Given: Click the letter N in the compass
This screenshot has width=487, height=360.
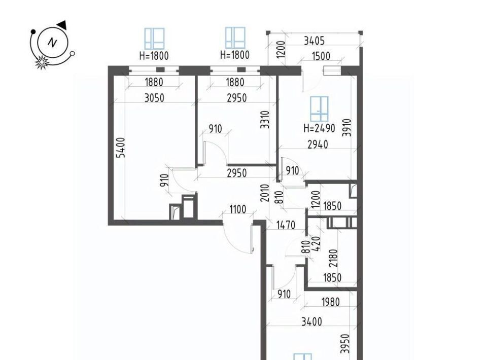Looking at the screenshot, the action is coord(52,43).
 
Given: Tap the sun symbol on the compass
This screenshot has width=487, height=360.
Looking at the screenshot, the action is coord(41,62).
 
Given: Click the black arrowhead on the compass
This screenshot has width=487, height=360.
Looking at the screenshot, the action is coord(62,25).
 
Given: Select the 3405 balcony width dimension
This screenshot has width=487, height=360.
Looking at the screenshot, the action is coord(314,41).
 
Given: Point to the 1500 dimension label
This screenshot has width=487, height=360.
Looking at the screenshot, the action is coord(321,56).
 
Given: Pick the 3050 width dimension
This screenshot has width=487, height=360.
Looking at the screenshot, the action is coord(154,98).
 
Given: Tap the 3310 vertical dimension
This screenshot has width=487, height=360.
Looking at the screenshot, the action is coord(265,120).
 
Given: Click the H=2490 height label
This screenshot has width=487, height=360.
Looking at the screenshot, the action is coord(319,128).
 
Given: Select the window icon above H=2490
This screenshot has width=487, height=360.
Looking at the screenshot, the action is coord(319,109).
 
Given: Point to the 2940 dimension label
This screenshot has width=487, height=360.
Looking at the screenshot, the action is coord(318,145).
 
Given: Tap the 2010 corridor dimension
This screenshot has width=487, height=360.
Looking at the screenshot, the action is coord(265,193).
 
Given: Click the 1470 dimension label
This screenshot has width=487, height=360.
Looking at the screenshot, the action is coord(286,225).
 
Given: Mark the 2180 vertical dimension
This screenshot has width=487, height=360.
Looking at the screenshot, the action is coord(334,258).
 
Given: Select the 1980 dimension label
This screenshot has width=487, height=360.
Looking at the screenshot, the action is coord(330,302).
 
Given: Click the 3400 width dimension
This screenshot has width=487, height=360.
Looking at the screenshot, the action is coord(311,321).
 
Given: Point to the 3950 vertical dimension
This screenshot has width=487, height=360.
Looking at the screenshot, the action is coord(345,344).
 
